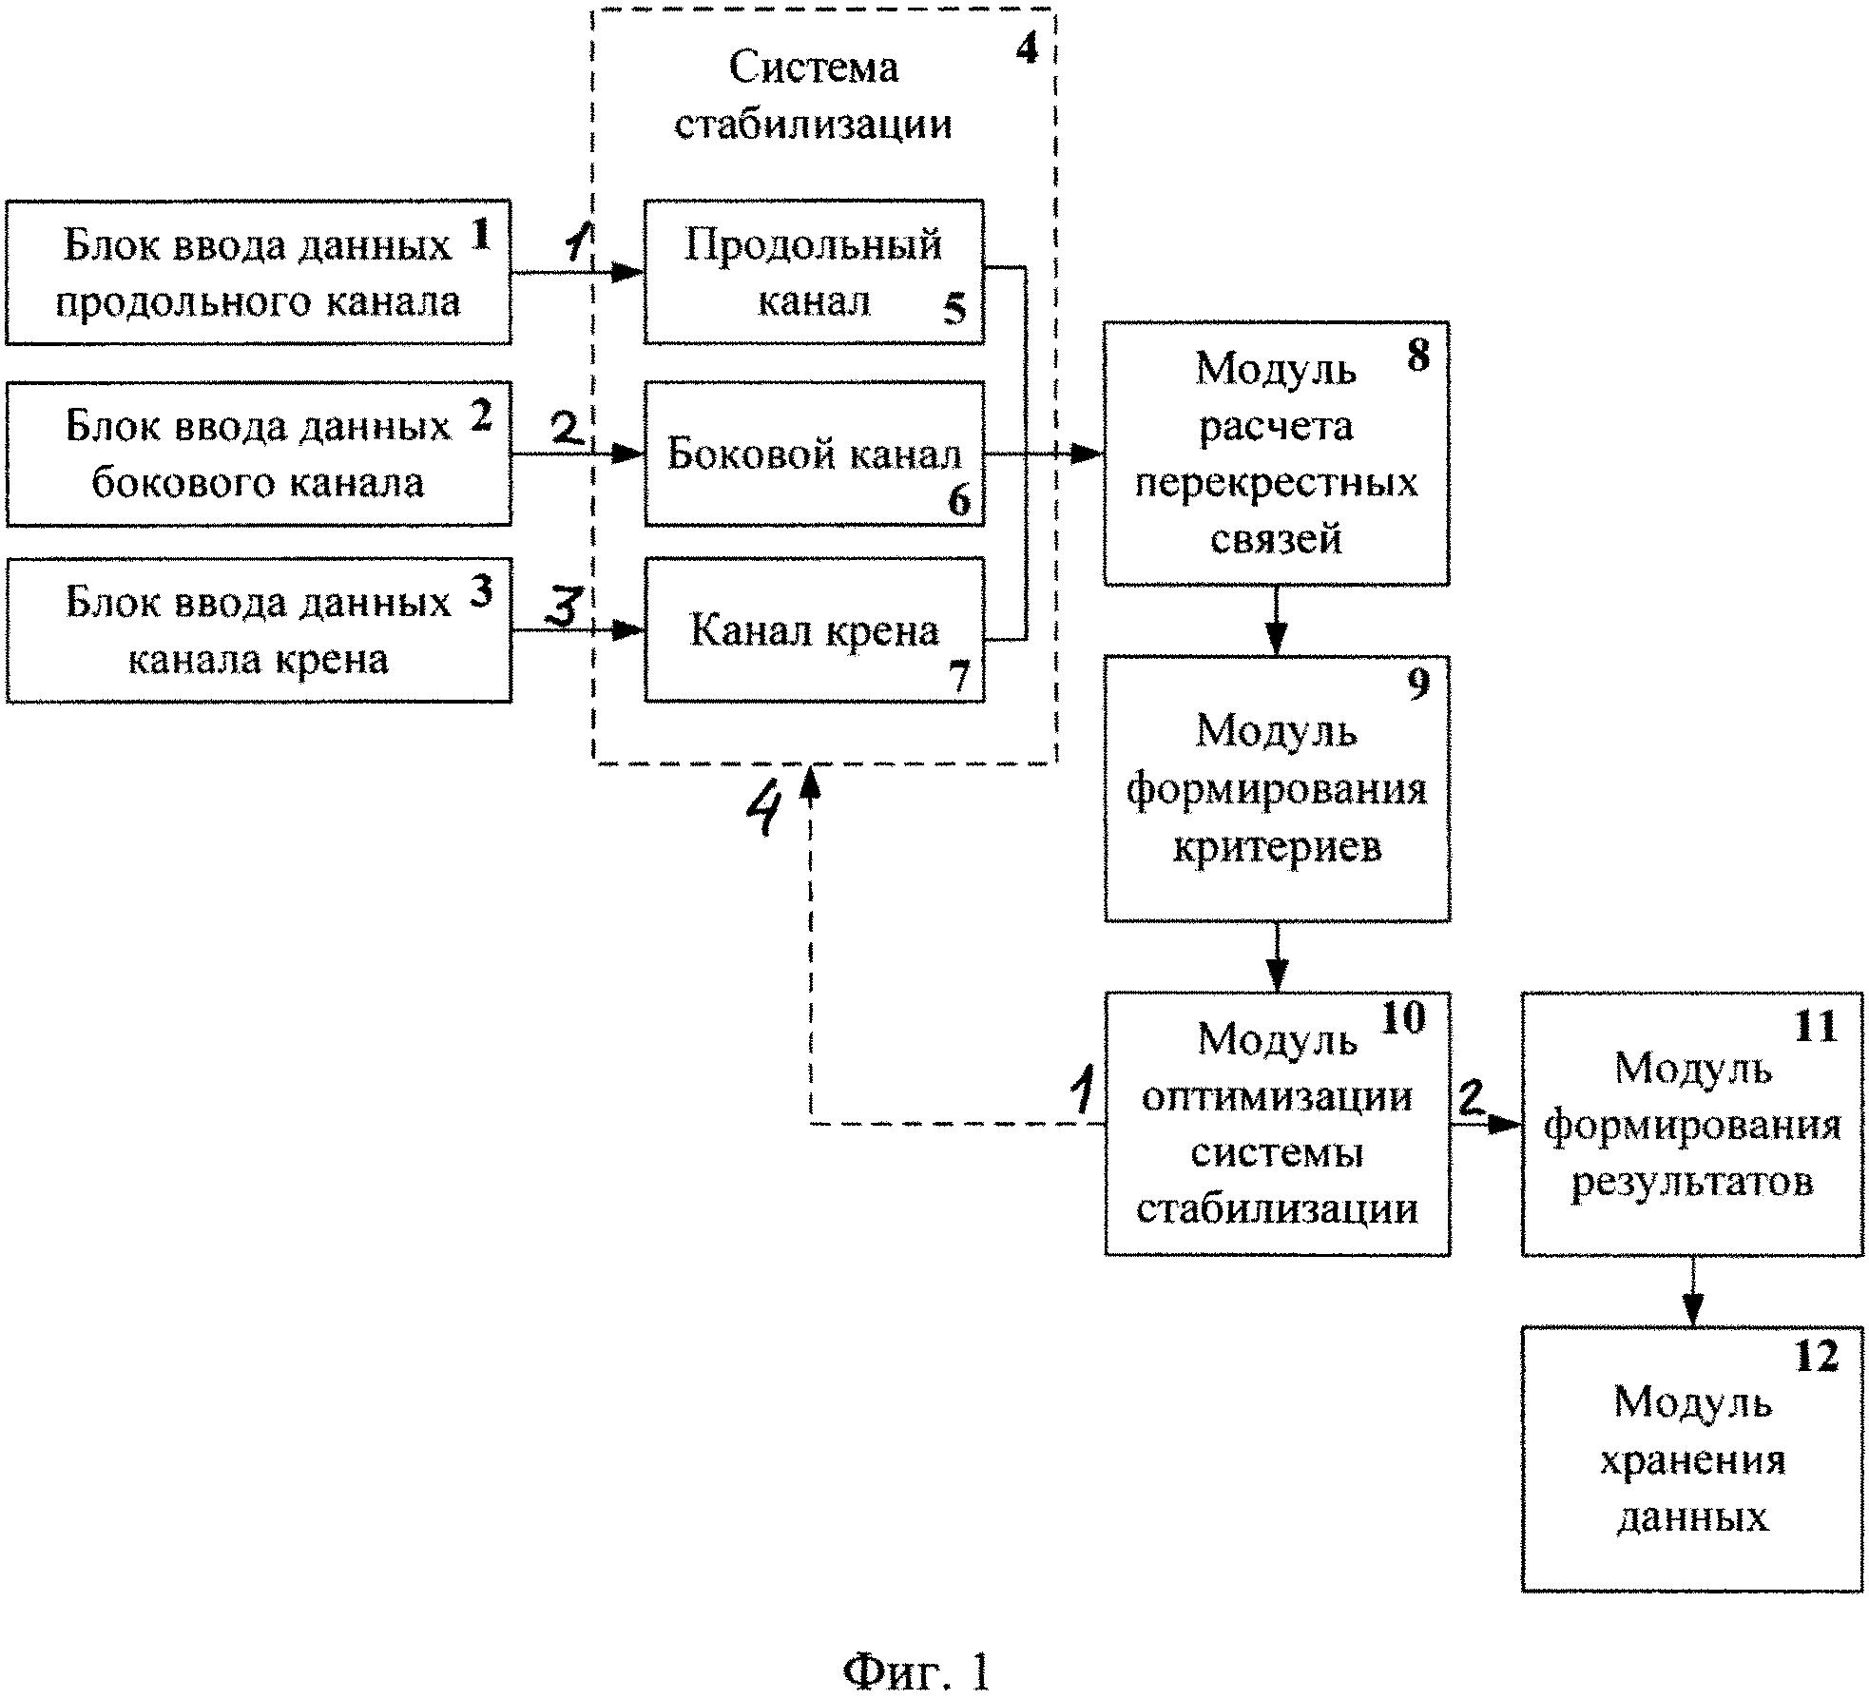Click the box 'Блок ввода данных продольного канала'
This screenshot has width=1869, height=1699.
tap(259, 272)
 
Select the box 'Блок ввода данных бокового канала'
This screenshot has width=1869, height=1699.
tap(259, 454)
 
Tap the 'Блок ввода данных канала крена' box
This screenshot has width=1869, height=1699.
tap(259, 630)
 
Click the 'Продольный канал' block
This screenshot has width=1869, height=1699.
tap(814, 272)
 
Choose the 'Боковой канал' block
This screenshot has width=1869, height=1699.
tap(814, 454)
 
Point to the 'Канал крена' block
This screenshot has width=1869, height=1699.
tap(814, 630)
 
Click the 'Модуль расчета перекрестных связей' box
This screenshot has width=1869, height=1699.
tap(1276, 454)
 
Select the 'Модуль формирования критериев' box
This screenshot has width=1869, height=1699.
tap(1276, 788)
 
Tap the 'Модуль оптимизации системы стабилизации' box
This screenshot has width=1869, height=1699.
tap(1276, 1124)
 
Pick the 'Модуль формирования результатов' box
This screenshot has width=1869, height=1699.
tap(1692, 1124)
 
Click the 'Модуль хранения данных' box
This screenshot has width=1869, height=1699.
tap(1692, 1459)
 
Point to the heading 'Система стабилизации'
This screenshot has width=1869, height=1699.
tap(814, 95)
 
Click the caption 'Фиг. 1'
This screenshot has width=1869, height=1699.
tap(916, 1671)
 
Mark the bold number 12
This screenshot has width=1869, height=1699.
tap(1817, 1356)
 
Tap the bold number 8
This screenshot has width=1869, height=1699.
tap(1417, 356)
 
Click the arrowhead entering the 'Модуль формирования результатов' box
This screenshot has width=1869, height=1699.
tap(1506, 1124)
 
